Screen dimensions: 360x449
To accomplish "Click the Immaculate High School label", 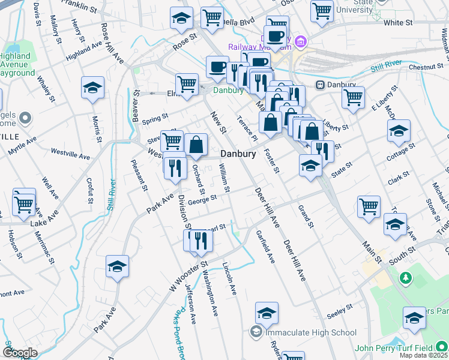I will [310, 332].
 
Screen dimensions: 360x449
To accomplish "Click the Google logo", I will [19, 353].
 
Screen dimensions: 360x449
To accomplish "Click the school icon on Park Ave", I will [117, 266].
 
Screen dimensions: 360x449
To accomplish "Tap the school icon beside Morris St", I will [92, 88].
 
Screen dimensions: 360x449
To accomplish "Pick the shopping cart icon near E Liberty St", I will [353, 97].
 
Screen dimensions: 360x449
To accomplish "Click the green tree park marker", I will [406, 278].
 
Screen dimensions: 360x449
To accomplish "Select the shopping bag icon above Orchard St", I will [196, 144].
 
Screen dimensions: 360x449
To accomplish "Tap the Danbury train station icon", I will [320, 85].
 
